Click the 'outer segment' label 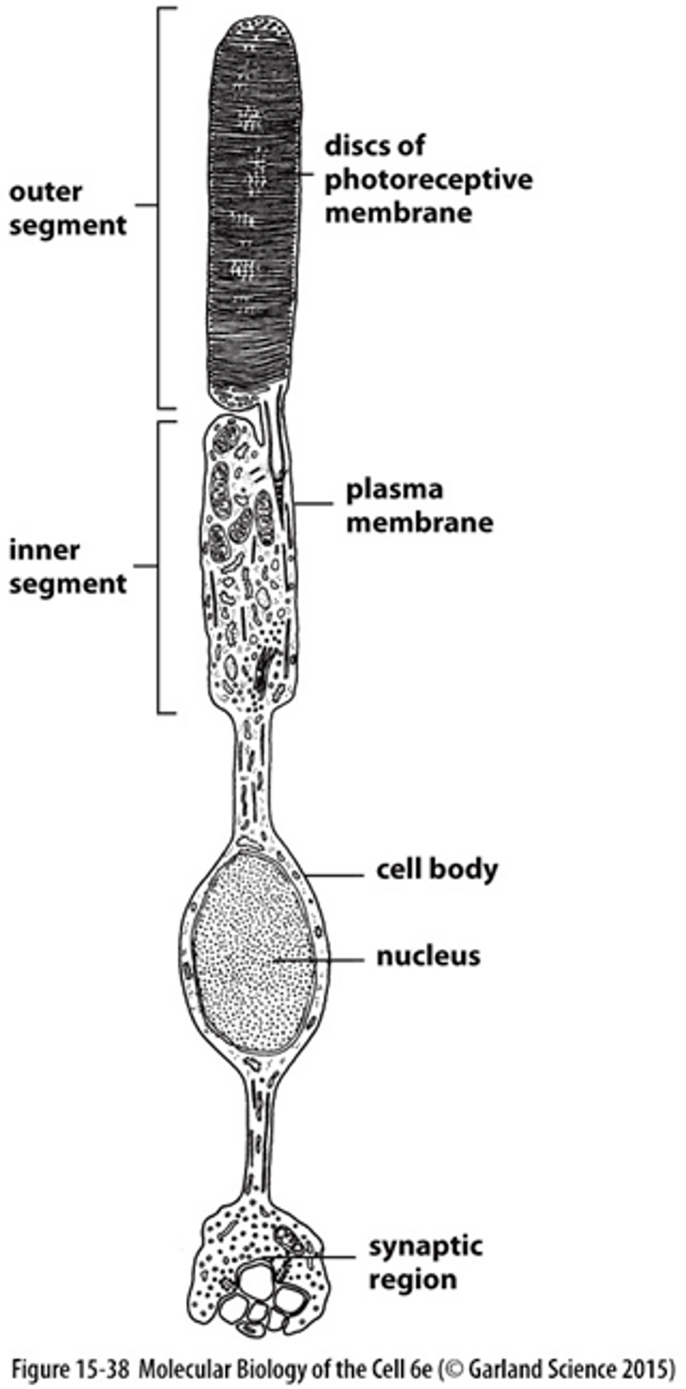click(x=68, y=208)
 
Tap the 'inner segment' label click(x=68, y=567)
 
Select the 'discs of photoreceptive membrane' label click(x=428, y=179)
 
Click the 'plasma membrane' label click(x=420, y=506)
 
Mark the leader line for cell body click(x=334, y=875)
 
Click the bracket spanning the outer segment click(x=159, y=208)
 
